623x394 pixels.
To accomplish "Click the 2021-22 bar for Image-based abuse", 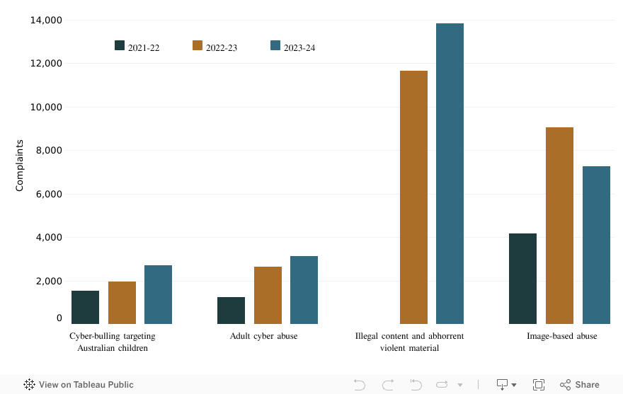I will pos(522,279).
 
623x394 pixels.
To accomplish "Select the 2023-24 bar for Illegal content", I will pos(450,174).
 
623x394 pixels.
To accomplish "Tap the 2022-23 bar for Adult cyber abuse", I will pos(268,295).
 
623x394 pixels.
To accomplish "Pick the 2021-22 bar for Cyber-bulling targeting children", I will pos(86,307).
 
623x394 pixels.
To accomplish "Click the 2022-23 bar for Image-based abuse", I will pos(559,226).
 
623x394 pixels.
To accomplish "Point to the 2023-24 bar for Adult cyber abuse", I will pos(304,290).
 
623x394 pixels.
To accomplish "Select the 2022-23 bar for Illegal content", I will pos(413,197).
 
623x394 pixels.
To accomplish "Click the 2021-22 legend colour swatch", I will pos(120,46).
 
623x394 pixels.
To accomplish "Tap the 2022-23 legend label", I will pos(222,47).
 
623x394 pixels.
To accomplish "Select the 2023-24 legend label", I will pos(299,47).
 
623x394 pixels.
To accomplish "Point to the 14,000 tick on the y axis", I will pos(45,21).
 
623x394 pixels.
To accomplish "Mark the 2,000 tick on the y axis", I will pos(48,281).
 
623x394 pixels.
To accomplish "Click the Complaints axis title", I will pos(20,166).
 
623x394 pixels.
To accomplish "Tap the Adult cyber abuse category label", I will pos(263,336).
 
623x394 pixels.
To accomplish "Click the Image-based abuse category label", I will pos(561,336).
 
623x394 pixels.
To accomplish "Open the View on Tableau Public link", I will pos(79,385).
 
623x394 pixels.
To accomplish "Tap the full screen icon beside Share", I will pos(538,385).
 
